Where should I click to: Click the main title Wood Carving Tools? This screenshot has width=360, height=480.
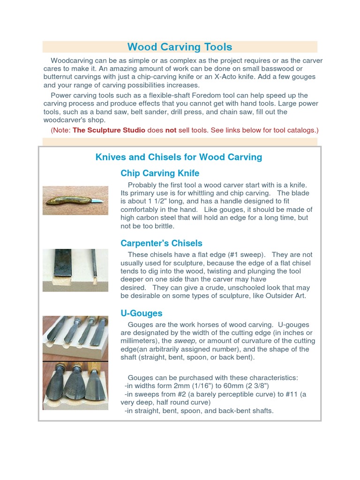coord(180,47)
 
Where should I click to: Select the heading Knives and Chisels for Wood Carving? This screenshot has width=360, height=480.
coord(179,157)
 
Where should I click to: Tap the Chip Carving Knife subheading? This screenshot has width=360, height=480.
coord(160,173)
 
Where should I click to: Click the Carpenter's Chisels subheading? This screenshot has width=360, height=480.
coord(161,243)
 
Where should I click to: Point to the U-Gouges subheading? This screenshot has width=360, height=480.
coord(141,313)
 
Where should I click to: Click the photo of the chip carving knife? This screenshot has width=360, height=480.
coord(75,201)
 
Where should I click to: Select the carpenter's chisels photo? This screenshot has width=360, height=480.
coord(75,270)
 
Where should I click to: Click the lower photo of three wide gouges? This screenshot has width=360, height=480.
coord(75,385)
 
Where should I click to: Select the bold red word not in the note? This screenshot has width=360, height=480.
coord(171,130)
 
